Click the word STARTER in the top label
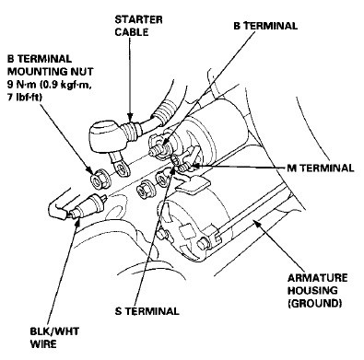[138, 19]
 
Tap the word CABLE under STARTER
[132, 32]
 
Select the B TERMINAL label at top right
[265, 26]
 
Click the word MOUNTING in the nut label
[31, 72]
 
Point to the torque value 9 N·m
[21, 85]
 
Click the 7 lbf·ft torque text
[25, 97]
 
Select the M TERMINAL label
[321, 168]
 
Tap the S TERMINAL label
[147, 311]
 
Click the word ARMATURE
[317, 278]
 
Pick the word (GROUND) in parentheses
[315, 303]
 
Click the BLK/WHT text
[54, 331]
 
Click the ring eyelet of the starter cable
[121, 168]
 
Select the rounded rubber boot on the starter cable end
[103, 137]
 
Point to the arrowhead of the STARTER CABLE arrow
[130, 117]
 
